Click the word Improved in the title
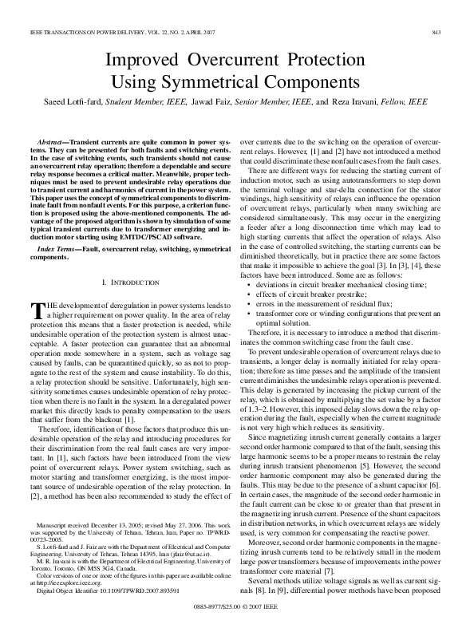[144, 60]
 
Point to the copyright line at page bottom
[238, 605]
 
